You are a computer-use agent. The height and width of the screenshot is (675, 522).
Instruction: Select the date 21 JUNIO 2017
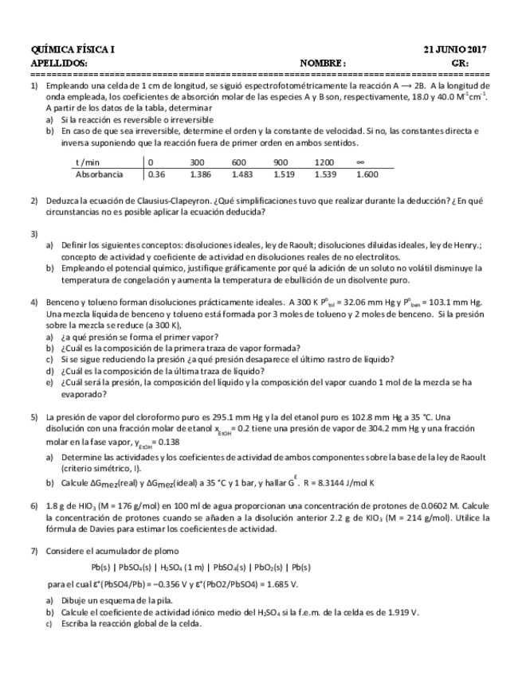(x=457, y=49)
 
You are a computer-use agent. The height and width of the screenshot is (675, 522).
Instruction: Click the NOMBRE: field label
(x=323, y=62)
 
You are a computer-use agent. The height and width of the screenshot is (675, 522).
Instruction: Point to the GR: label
(x=460, y=62)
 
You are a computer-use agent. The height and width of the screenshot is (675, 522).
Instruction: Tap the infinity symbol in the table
(x=361, y=161)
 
